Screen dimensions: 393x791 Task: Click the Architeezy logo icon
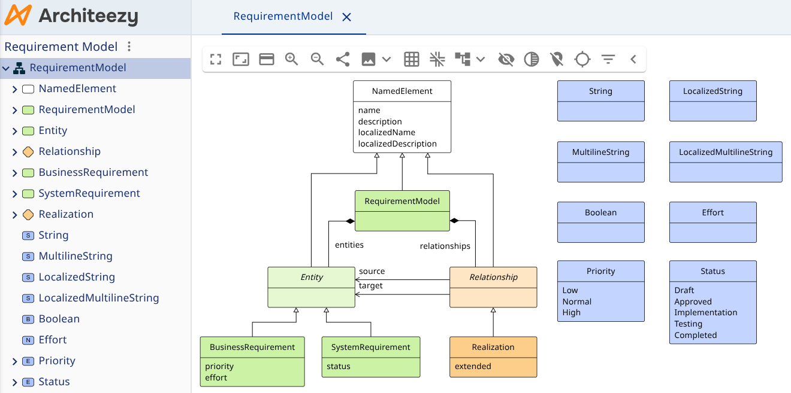(18, 16)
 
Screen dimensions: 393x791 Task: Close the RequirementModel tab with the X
(346, 17)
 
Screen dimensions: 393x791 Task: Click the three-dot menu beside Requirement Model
(129, 47)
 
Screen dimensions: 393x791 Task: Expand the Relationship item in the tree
(14, 152)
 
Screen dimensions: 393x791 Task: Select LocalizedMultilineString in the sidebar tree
(98, 298)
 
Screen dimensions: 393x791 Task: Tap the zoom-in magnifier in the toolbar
(292, 59)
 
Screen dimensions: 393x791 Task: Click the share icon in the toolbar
(343, 59)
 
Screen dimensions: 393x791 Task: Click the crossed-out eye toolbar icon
(506, 59)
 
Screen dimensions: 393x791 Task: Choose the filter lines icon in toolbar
(608, 59)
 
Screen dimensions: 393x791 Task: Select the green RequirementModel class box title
(402, 202)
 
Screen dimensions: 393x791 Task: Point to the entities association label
(349, 245)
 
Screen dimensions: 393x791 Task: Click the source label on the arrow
(372, 272)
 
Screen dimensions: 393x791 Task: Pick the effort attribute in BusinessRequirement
(216, 377)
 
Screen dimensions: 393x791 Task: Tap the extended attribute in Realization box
(473, 366)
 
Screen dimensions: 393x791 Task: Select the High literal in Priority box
(571, 312)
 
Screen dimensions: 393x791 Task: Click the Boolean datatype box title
(600, 212)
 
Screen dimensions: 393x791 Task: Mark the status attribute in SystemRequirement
(339, 366)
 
